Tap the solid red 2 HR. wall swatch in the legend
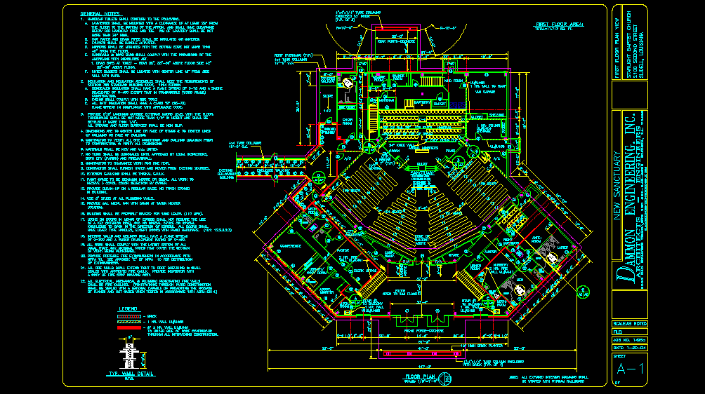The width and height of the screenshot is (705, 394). click(x=128, y=328)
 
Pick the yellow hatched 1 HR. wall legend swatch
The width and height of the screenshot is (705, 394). click(x=128, y=322)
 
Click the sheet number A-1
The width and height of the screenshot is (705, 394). click(x=625, y=369)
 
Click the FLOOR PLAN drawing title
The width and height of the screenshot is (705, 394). click(x=421, y=376)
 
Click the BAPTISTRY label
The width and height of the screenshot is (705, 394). click(x=421, y=102)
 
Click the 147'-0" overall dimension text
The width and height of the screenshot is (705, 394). click(x=421, y=367)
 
